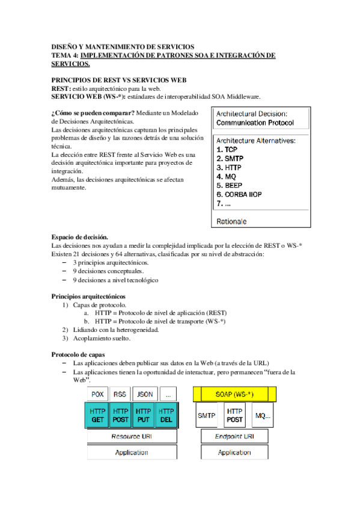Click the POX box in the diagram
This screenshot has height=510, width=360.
98,394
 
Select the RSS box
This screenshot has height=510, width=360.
120,394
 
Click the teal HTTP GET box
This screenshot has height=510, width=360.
98,415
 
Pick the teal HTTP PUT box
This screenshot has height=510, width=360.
144,415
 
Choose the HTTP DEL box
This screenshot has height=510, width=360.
166,415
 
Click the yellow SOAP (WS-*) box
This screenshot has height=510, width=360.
234,394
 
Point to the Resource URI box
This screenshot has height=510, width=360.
132,436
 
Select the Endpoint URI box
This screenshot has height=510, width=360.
234,436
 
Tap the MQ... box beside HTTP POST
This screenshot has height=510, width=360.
263,415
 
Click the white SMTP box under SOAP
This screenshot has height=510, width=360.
207,415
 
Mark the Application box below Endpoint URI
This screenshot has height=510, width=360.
234,452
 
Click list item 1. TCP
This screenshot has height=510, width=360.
227,149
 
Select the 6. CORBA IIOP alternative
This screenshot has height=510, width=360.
239,194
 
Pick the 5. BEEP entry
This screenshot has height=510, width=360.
230,185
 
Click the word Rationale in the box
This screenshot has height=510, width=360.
231,221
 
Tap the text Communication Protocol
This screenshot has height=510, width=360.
255,123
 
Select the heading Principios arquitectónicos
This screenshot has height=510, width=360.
89,296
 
